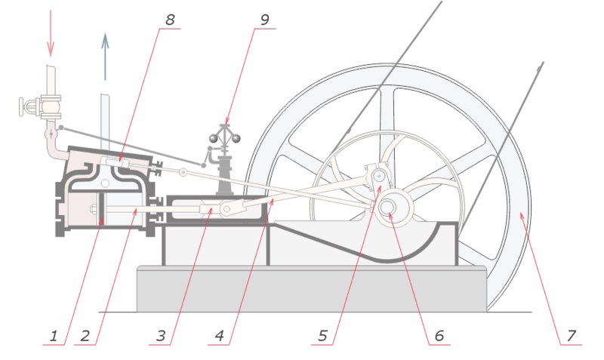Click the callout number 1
click(54, 336)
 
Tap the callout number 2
click(85, 336)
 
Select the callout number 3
click(161, 336)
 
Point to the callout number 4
click(220, 336)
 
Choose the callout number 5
click(323, 336)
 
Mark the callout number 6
click(439, 336)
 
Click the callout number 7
click(572, 336)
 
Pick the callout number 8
click(170, 20)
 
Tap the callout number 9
click(265, 20)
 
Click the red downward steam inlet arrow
click(51, 33)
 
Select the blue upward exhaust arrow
click(105, 57)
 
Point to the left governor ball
click(214, 138)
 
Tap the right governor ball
click(236, 138)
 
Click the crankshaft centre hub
click(387, 207)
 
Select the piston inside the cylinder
click(102, 209)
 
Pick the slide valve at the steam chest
click(115, 162)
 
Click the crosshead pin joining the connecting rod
click(227, 209)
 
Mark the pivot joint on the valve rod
click(183, 172)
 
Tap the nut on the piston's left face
click(94, 209)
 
